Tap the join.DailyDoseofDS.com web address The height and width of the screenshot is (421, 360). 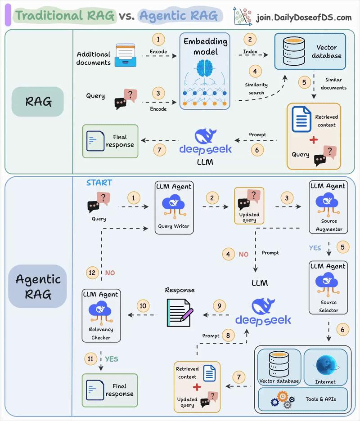(304, 18)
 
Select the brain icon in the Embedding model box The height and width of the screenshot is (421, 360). (205, 67)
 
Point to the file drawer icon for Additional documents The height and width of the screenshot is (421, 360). (126, 55)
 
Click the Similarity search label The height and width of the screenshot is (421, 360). (256, 89)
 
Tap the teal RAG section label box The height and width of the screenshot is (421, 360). (38, 102)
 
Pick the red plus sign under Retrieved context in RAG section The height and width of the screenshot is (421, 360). (313, 140)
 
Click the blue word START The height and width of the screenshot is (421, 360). (99, 183)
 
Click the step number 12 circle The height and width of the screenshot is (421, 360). (93, 273)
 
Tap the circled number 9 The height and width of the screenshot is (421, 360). (219, 306)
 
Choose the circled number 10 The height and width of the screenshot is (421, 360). (143, 306)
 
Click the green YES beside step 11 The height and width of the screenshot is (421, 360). (112, 359)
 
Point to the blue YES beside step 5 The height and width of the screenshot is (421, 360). (315, 248)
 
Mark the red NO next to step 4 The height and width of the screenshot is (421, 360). (243, 254)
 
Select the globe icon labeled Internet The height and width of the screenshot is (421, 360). (325, 364)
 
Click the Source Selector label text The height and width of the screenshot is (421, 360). (328, 306)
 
